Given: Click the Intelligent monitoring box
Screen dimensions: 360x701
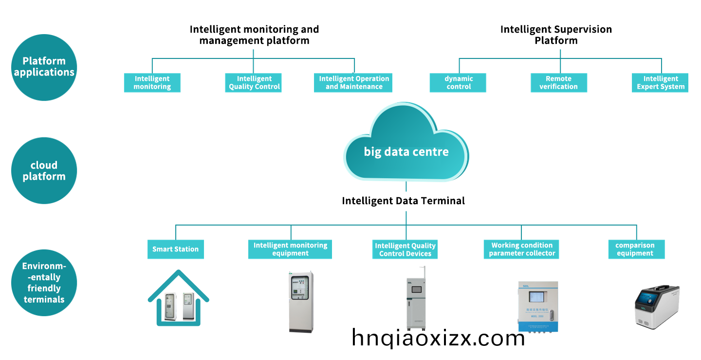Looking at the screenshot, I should [x=152, y=83].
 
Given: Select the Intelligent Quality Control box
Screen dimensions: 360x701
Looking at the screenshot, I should [x=253, y=83].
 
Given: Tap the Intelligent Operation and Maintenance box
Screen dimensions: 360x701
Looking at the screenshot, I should [x=353, y=83].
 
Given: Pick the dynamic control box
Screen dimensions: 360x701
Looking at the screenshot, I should [x=459, y=83].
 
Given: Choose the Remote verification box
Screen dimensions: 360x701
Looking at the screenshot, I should [x=558, y=83].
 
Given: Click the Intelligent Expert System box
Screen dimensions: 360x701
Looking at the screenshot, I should [x=660, y=83].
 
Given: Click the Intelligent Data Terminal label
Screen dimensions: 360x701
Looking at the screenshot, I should [x=403, y=201].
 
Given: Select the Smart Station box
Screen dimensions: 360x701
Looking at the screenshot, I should [x=176, y=249].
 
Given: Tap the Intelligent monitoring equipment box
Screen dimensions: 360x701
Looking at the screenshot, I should [x=291, y=249].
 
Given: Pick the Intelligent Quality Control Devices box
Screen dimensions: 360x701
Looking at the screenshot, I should [x=406, y=249].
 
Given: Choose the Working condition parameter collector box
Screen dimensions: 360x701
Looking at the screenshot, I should [x=522, y=249].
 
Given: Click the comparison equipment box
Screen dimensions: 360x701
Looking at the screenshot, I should [x=636, y=249].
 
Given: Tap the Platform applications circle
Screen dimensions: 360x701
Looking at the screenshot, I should [x=44, y=67].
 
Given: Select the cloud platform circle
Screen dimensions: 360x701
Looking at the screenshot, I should [x=44, y=171].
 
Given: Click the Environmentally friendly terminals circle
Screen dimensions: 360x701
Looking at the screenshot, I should [x=44, y=283].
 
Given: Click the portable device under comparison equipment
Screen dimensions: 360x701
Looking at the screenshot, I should [x=657, y=307].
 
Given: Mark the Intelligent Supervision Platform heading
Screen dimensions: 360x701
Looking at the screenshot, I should [x=556, y=35].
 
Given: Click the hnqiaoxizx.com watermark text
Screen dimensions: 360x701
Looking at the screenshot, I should [x=438, y=338].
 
